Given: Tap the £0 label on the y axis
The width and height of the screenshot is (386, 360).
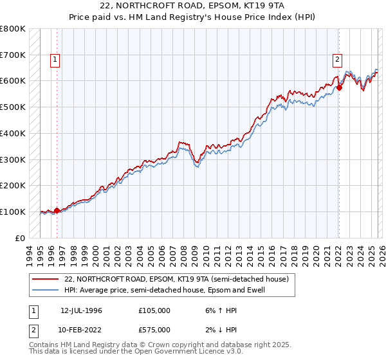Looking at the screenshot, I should coord(20,238).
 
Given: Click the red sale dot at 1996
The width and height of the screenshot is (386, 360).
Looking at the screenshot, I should coord(57,210).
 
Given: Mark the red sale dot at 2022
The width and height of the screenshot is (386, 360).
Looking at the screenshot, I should coord(339,87).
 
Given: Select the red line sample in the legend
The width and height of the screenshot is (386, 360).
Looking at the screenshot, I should coord(46,280).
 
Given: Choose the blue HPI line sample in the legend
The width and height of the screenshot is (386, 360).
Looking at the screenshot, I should coord(46,290).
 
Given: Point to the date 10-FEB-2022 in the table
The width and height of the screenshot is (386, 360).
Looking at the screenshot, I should coord(82,329).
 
